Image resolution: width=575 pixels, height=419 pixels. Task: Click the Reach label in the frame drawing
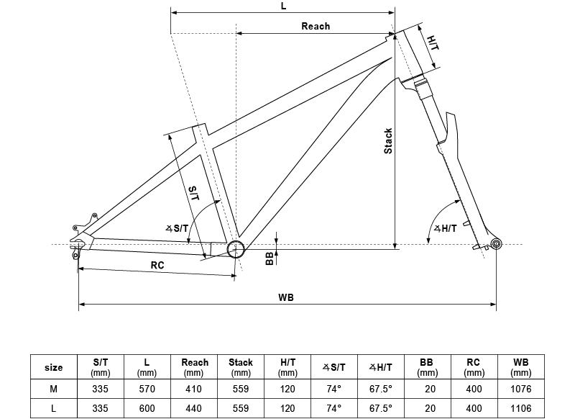point(316,26)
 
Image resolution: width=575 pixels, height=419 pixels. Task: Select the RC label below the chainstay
point(157,265)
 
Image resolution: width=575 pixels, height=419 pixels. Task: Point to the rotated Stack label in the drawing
point(388,141)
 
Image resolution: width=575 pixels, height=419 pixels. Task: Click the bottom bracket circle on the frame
point(236,249)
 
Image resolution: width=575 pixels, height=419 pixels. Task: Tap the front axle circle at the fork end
point(495,245)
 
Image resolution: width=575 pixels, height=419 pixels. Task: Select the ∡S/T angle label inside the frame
point(177,228)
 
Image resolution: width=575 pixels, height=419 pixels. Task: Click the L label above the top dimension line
point(284,5)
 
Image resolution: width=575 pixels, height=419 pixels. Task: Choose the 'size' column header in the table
point(53,367)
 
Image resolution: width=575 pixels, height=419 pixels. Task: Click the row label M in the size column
point(53,389)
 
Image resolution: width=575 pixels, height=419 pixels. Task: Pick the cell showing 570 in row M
point(147,389)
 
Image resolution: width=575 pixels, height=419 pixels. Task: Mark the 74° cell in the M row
point(333,389)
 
